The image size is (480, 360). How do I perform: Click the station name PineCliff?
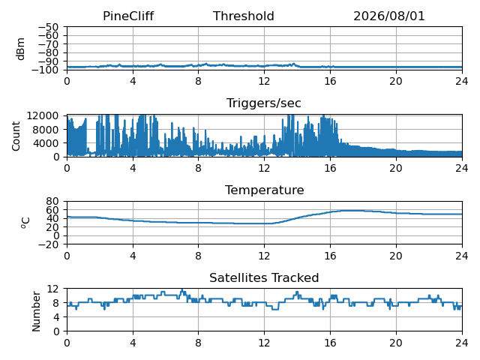click(x=128, y=16)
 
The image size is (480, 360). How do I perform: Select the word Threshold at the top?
click(x=243, y=16)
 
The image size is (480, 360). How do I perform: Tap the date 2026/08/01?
click(x=389, y=16)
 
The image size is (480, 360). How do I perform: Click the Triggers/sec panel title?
click(x=264, y=103)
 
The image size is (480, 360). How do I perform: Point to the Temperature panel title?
click(x=265, y=190)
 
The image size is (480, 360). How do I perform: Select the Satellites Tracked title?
click(x=264, y=277)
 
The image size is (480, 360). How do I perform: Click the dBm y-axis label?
click(x=20, y=49)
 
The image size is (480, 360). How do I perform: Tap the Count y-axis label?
click(x=16, y=136)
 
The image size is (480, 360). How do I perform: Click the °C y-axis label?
click(x=25, y=223)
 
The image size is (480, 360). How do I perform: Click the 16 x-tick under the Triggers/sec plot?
click(x=330, y=168)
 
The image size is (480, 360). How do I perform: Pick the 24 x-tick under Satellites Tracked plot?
click(x=462, y=343)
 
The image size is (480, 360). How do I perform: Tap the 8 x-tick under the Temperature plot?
click(x=198, y=256)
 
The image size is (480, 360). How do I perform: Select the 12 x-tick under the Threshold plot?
click(x=264, y=81)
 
